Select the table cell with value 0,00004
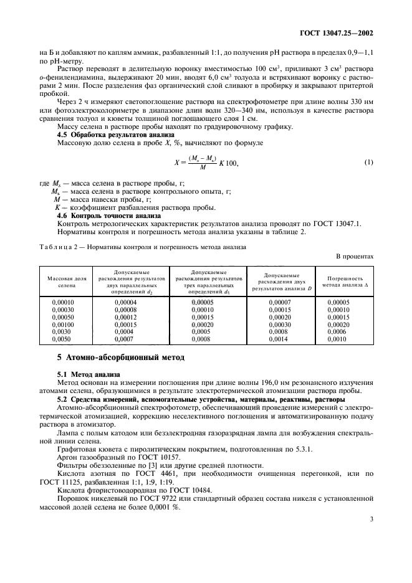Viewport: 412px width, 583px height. (x=126, y=302)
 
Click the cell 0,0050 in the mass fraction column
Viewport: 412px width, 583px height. (x=61, y=339)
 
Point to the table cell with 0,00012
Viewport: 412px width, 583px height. (x=126, y=317)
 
